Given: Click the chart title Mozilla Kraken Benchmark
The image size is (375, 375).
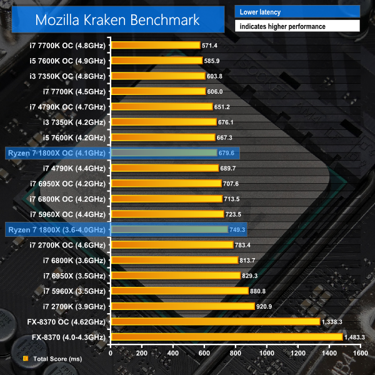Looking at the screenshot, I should point(117,19).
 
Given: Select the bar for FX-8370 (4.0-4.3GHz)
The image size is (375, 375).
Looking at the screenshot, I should point(226,337).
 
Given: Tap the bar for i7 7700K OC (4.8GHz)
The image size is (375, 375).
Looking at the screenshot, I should point(155,45).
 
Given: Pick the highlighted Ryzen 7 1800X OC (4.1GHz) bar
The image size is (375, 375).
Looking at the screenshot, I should point(163,152).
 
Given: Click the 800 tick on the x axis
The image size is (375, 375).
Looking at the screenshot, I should point(236,352).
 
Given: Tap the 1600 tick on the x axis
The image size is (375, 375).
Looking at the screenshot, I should point(359,352).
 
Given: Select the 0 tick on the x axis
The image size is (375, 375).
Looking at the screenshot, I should point(111,352).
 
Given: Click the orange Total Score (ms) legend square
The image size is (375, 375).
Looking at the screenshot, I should point(25,359).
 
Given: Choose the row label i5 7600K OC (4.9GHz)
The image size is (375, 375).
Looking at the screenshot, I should point(67,61).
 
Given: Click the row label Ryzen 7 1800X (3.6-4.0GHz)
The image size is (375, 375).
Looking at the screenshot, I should point(57,229).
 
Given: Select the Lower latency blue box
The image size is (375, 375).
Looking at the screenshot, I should point(297,11).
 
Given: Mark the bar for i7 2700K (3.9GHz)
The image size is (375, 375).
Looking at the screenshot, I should point(182,306).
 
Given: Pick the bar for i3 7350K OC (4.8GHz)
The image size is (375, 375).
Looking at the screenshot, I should point(157,76).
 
